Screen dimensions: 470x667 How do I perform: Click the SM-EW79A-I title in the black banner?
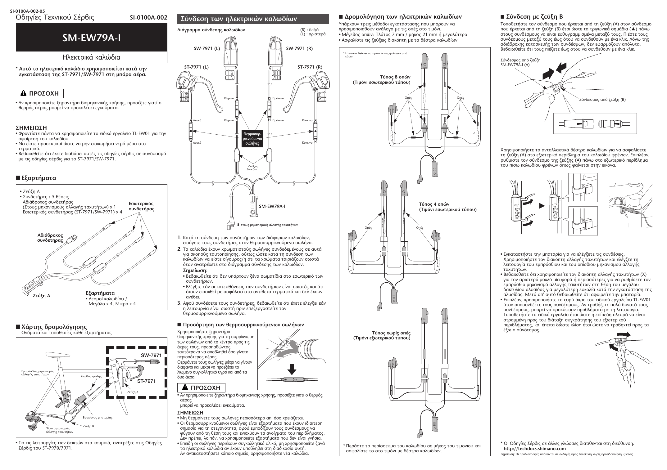tap(91, 38)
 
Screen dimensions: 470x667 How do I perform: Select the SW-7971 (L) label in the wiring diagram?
tap(207, 48)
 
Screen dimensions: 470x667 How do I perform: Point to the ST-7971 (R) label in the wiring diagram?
tap(310, 67)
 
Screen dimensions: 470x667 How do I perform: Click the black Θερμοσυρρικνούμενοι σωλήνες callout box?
tap(253, 139)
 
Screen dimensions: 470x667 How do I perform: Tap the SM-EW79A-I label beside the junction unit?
tap(272, 206)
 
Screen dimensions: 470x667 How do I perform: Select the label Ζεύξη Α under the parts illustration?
tap(41, 296)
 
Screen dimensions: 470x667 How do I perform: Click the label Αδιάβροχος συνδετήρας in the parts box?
tap(50, 238)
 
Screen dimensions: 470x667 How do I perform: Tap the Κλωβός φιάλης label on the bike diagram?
tap(91, 376)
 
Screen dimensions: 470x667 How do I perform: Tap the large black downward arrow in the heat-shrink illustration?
tap(291, 369)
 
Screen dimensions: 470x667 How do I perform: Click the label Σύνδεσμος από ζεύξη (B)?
tap(602, 99)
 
